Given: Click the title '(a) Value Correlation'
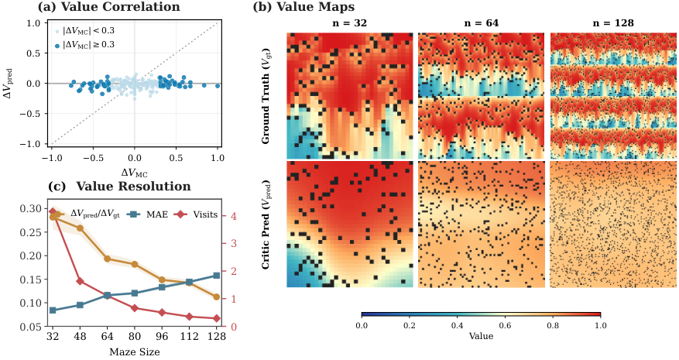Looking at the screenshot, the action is tap(108, 7).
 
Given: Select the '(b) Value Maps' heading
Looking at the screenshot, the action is tap(303, 7).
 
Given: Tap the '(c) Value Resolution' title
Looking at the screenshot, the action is tap(119, 187).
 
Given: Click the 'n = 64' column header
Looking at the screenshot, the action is tap(481, 23).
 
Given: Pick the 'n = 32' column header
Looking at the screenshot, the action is tap(349, 23).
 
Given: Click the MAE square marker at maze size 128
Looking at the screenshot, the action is tap(217, 276).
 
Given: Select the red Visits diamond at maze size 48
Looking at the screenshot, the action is tap(80, 282).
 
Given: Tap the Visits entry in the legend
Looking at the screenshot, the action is tap(196, 214).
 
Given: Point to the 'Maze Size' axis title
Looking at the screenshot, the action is tap(135, 351).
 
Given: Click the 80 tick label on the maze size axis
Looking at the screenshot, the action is tap(135, 337).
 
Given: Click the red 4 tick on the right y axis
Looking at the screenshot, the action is tap(235, 216).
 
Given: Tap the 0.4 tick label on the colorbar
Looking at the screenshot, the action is tap(457, 326).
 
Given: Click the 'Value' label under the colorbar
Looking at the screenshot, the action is tap(481, 336).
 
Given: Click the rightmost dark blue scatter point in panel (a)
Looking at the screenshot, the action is tap(218, 86).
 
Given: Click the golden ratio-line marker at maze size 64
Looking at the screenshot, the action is tap(108, 259).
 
